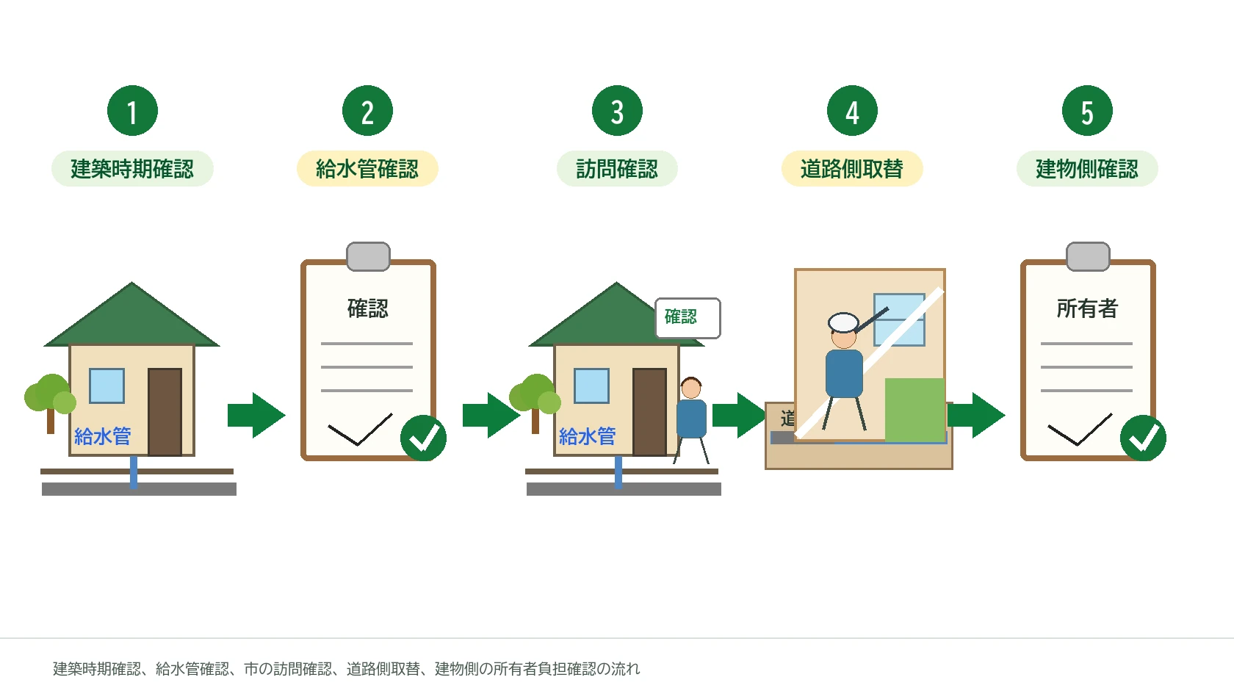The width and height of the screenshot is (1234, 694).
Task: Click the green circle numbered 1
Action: click(132, 111)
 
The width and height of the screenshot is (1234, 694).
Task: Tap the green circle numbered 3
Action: click(617, 111)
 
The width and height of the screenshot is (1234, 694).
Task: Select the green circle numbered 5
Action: click(1087, 111)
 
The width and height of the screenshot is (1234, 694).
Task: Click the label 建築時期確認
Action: click(132, 169)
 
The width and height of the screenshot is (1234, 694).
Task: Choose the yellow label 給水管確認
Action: click(367, 169)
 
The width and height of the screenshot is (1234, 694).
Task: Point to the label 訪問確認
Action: click(617, 169)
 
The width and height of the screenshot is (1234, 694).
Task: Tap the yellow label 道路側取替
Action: click(852, 169)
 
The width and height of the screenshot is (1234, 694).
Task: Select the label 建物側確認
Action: click(1087, 169)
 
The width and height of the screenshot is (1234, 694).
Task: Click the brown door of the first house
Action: click(165, 412)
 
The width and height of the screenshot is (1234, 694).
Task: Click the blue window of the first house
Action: click(107, 386)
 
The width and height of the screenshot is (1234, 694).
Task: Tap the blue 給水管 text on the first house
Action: click(103, 436)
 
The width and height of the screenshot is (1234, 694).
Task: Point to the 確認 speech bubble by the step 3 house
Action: click(688, 318)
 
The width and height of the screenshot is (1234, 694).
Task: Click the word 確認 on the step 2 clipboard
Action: click(368, 308)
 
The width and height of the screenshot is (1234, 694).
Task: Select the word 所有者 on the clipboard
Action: click(1087, 308)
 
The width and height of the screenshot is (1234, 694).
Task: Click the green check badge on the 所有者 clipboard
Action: click(1143, 438)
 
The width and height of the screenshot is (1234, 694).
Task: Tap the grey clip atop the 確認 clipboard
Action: click(368, 257)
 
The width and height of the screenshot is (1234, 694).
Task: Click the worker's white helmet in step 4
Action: click(843, 322)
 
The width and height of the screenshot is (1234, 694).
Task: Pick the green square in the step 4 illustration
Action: click(915, 409)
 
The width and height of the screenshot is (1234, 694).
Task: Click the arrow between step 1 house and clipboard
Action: click(257, 416)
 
